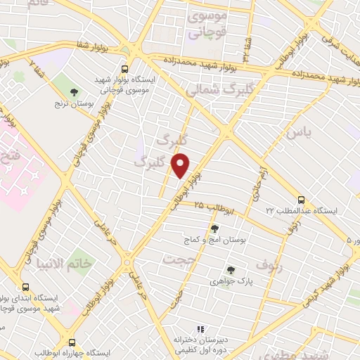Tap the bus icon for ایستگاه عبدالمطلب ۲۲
tap(301, 199)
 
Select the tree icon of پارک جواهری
tap(231, 270)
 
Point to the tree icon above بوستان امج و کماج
tap(214, 229)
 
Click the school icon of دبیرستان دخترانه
tap(200, 328)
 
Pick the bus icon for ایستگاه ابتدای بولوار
tap(26, 287)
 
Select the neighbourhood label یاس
tap(297, 131)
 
